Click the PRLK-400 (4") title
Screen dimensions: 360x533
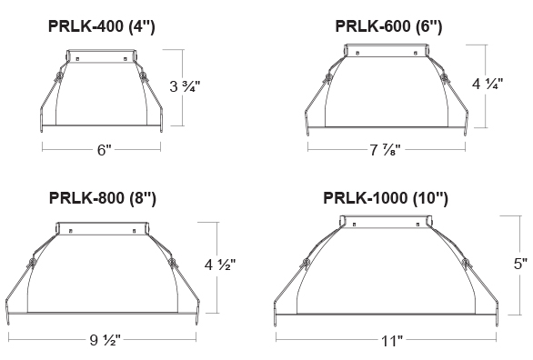point(102,27)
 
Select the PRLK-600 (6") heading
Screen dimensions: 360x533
point(387,27)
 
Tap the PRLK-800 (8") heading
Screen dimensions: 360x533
point(102,195)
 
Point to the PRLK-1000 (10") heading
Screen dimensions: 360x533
point(387,196)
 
